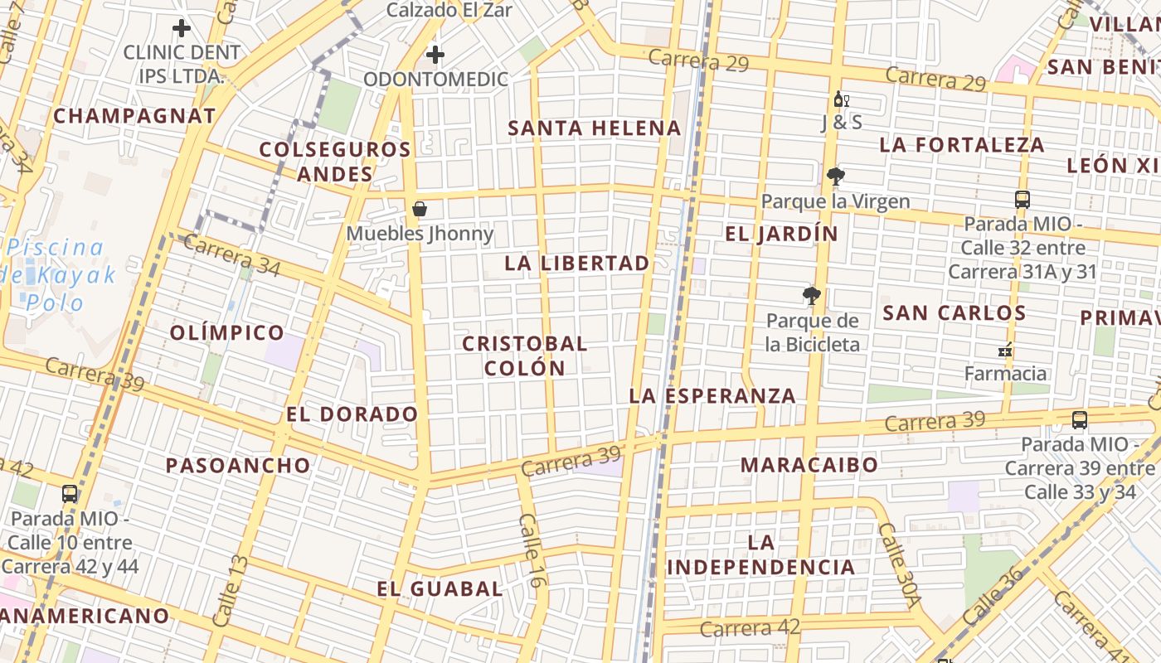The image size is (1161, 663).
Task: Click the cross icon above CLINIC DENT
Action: click(x=181, y=28)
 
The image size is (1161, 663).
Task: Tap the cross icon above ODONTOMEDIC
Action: click(x=435, y=56)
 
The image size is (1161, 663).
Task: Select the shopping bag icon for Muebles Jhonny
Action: click(x=420, y=209)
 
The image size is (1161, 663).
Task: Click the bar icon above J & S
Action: click(x=841, y=99)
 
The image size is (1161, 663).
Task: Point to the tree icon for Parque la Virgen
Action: click(x=835, y=176)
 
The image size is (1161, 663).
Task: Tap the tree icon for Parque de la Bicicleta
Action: click(x=812, y=295)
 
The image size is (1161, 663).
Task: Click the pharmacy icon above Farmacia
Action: click(x=1006, y=349)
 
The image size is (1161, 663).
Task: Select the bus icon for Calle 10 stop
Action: click(x=70, y=494)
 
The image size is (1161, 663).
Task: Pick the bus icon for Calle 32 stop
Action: click(x=1023, y=199)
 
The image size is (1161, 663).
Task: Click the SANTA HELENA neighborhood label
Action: click(x=594, y=128)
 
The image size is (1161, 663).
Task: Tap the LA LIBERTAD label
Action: click(x=577, y=264)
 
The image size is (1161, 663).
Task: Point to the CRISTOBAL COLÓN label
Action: click(x=524, y=356)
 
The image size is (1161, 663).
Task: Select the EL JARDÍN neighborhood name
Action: click(x=781, y=235)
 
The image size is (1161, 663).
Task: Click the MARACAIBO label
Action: click(x=809, y=465)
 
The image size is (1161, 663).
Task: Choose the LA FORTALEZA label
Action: click(x=961, y=145)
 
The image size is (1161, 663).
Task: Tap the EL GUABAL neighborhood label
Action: click(x=440, y=589)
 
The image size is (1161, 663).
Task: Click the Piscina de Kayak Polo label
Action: click(x=58, y=274)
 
